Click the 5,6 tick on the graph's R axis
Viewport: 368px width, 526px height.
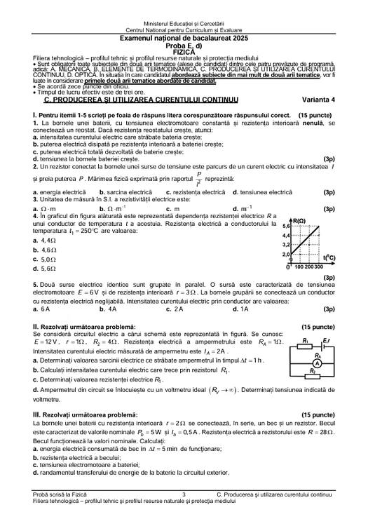pyautogui.click(x=286, y=227)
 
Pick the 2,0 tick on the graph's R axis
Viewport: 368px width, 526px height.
pyautogui.click(x=286, y=254)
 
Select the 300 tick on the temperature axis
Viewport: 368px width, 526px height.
pyautogui.click(x=318, y=267)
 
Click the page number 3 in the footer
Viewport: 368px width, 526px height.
pyautogui.click(x=183, y=495)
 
